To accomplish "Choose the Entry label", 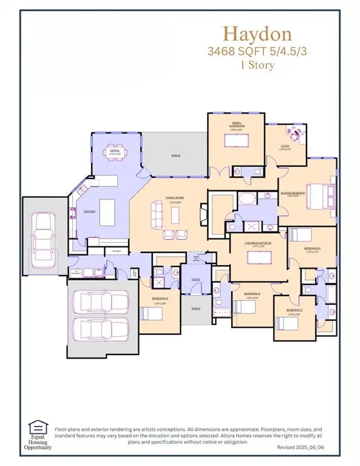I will click(195, 279).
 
